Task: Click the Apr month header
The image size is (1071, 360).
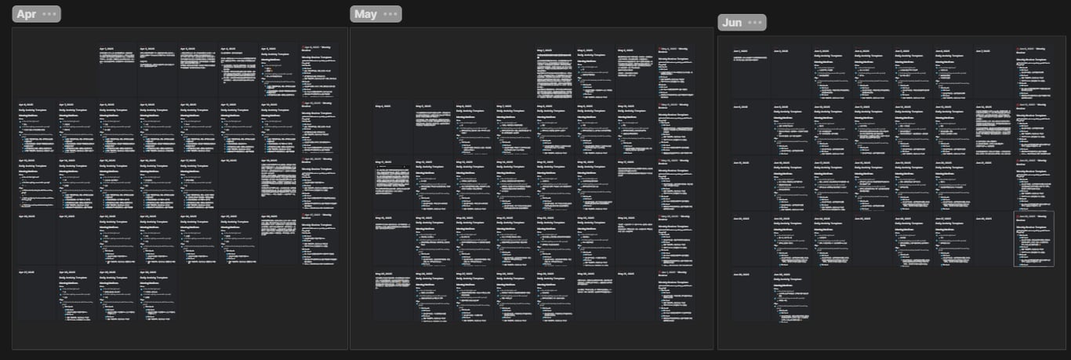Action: [26, 14]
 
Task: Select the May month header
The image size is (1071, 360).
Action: [365, 14]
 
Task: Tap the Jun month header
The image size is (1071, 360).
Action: [732, 23]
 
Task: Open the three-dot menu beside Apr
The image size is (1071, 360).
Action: [49, 14]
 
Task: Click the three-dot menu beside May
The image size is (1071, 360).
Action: [390, 14]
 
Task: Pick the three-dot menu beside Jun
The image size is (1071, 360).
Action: [755, 23]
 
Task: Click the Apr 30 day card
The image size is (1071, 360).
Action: [158, 294]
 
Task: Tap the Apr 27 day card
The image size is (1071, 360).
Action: [35, 294]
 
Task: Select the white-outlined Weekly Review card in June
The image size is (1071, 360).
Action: [1033, 238]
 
